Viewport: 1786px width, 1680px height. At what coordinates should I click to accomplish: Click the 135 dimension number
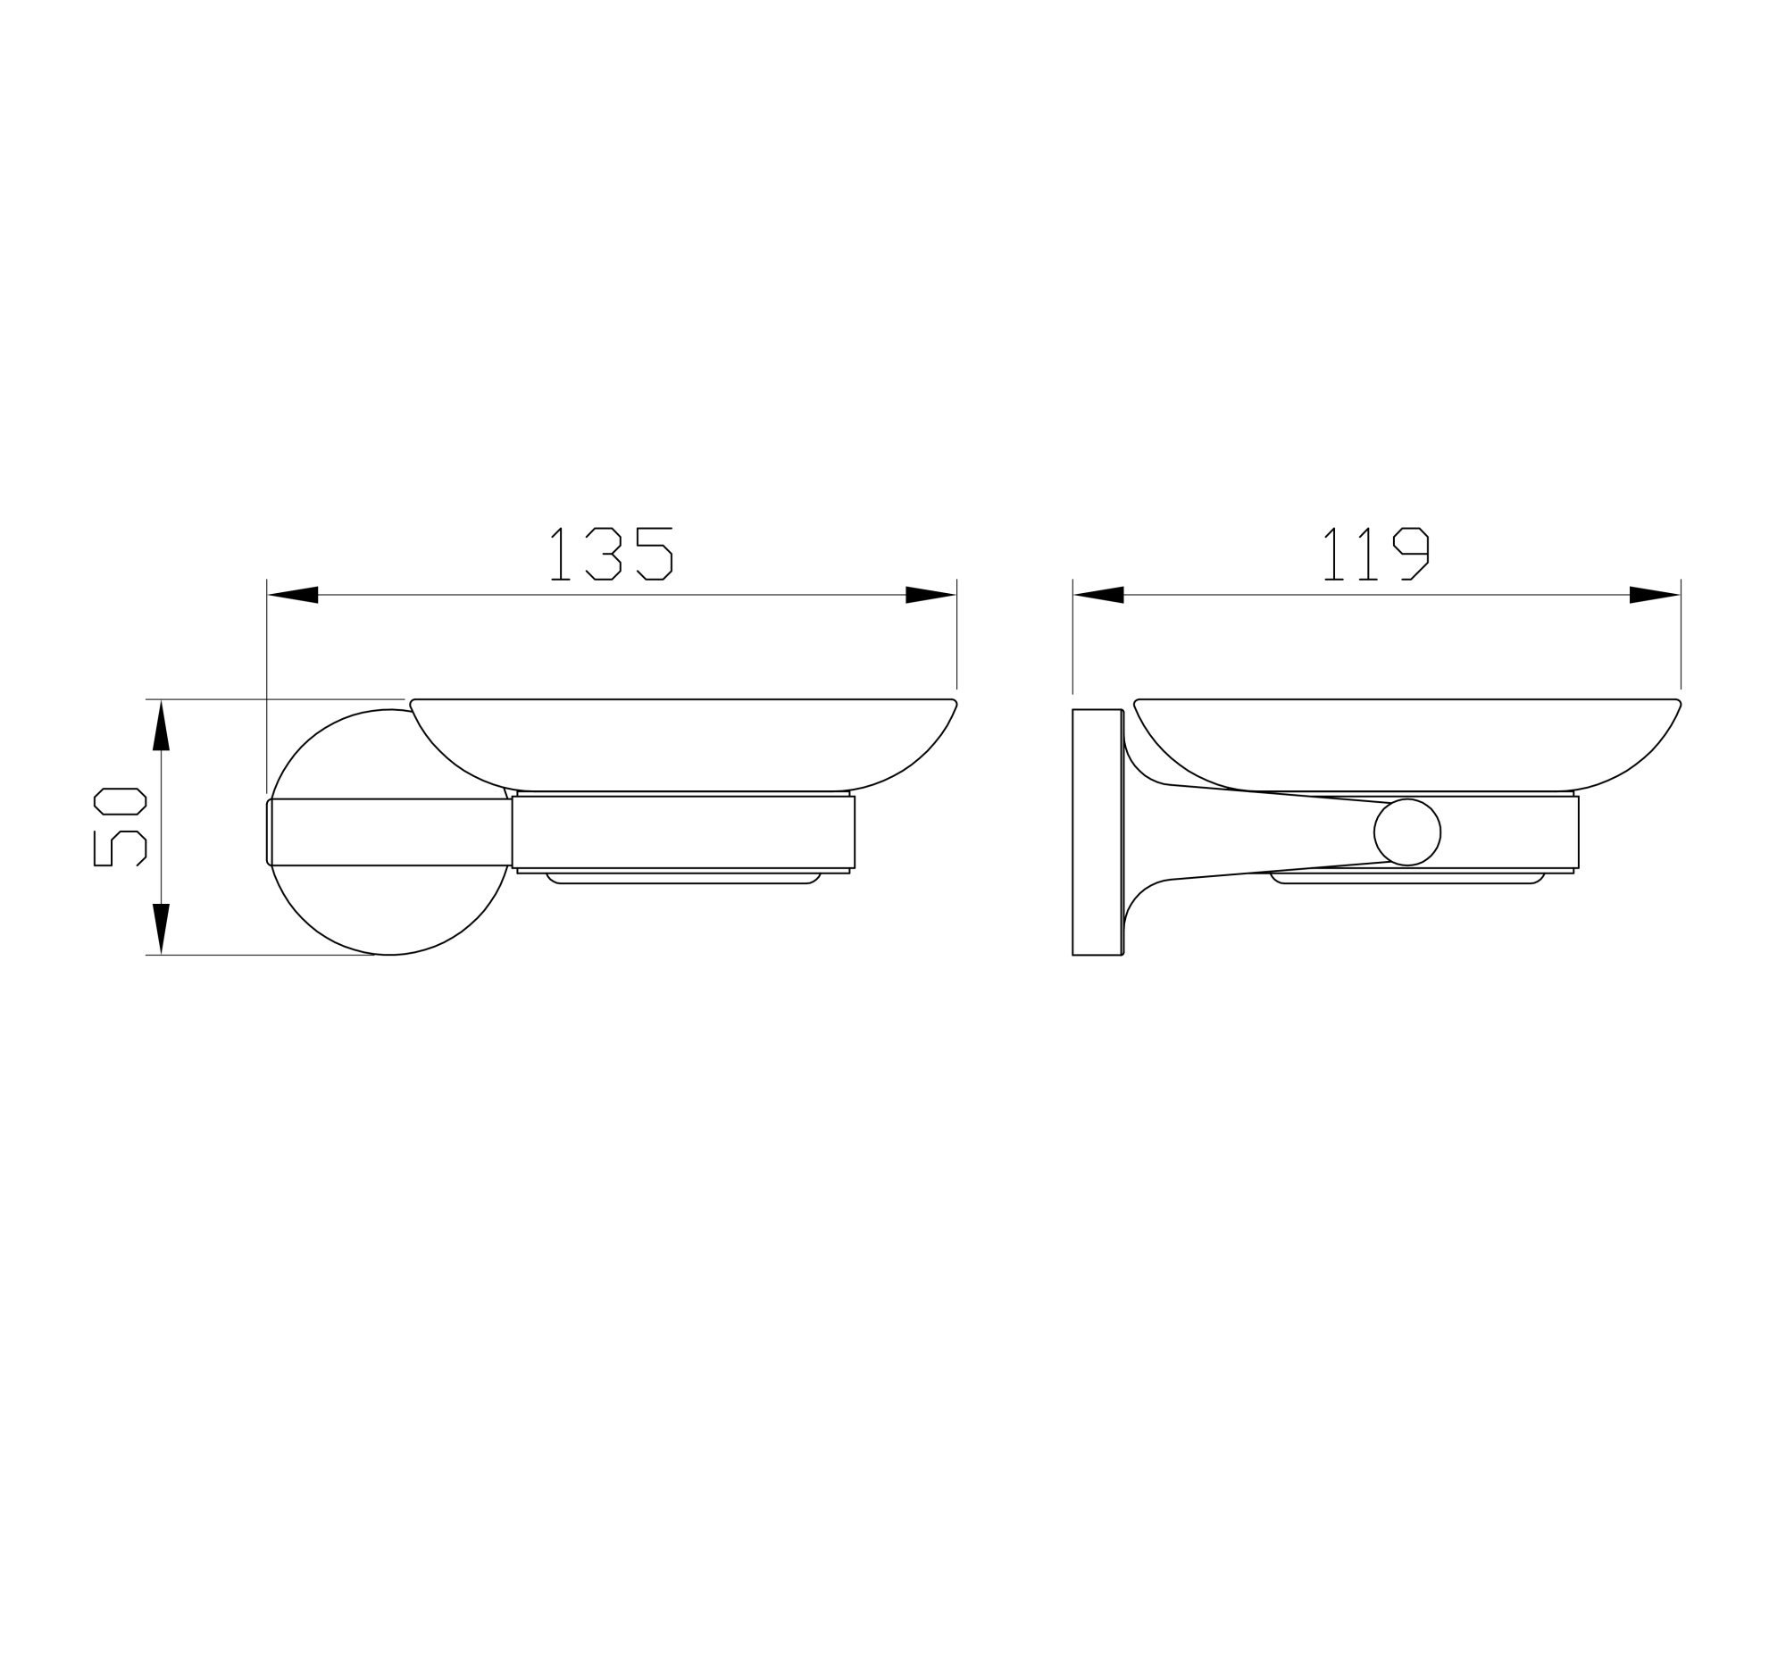[x=611, y=554]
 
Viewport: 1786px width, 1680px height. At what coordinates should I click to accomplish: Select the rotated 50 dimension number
[x=120, y=826]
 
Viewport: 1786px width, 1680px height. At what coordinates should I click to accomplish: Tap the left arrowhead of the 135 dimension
[x=293, y=595]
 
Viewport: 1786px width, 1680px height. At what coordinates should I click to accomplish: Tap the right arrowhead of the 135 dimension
[x=930, y=595]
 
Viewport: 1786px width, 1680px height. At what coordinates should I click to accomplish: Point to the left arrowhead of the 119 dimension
[x=1098, y=595]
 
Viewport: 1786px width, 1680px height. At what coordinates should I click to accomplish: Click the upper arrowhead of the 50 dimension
[x=161, y=726]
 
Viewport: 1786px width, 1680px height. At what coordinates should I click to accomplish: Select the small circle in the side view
[x=1406, y=832]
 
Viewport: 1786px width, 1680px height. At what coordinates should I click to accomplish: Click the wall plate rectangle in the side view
[x=1096, y=832]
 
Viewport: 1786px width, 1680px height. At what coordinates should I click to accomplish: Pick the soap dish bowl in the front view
[x=683, y=741]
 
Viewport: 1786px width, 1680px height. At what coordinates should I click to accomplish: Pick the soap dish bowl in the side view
[x=1406, y=741]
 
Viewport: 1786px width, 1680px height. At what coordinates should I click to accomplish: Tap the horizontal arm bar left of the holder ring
[x=391, y=832]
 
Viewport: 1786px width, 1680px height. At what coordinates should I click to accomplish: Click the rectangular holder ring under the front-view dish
[x=683, y=832]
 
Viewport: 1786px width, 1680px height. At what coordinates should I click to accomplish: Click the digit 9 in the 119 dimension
[x=1410, y=554]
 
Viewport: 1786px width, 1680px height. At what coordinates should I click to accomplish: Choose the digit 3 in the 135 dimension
[x=604, y=554]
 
